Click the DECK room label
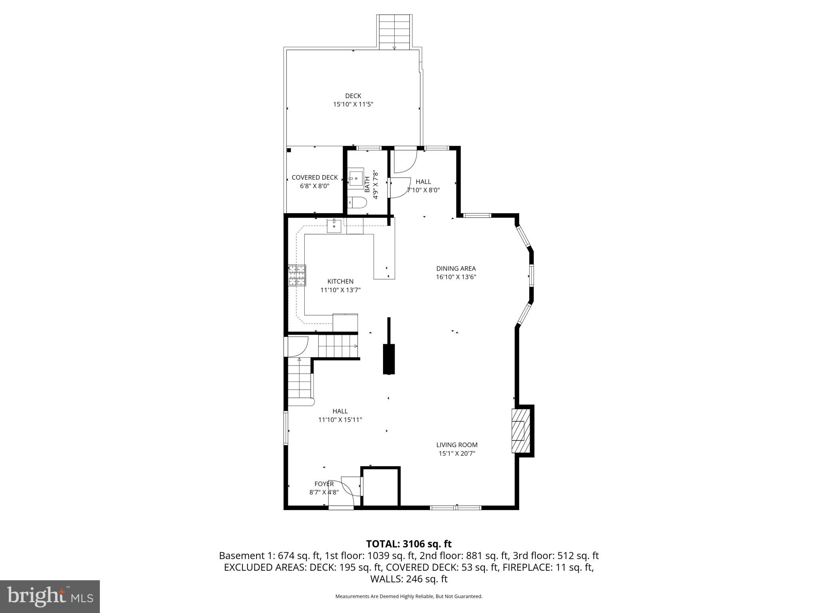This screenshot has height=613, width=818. point(353,96)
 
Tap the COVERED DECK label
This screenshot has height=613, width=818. point(315,178)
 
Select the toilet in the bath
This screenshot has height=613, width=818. point(357,203)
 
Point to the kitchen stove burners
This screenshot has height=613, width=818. point(297,275)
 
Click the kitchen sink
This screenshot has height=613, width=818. point(334,226)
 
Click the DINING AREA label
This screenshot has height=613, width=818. point(456,269)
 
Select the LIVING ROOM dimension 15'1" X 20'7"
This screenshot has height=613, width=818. point(457,453)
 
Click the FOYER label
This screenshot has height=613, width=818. point(324,484)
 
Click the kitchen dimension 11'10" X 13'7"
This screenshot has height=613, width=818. point(340,290)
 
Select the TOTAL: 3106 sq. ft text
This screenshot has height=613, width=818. point(409,544)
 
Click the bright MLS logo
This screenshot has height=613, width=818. point(50,596)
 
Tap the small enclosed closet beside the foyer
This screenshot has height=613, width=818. point(381,487)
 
